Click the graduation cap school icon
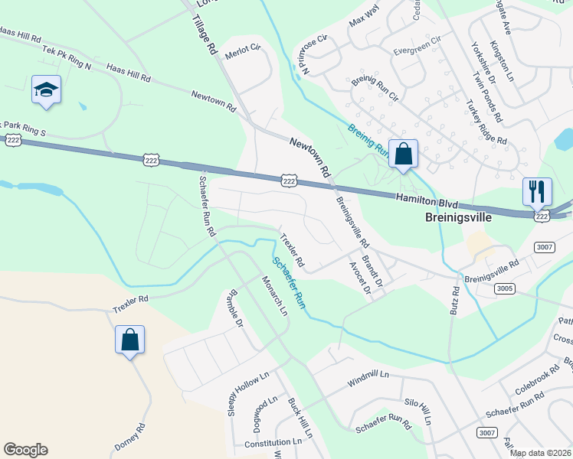pyautogui.click(x=46, y=90)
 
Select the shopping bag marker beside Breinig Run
pyautogui.click(x=403, y=154)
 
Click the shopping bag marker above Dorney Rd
pyautogui.click(x=130, y=340)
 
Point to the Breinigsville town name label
pyautogui.click(x=458, y=217)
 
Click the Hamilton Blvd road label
pyautogui.click(x=427, y=200)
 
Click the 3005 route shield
pyautogui.click(x=504, y=288)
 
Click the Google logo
pyautogui.click(x=25, y=450)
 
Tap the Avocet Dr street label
pyautogui.click(x=359, y=278)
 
